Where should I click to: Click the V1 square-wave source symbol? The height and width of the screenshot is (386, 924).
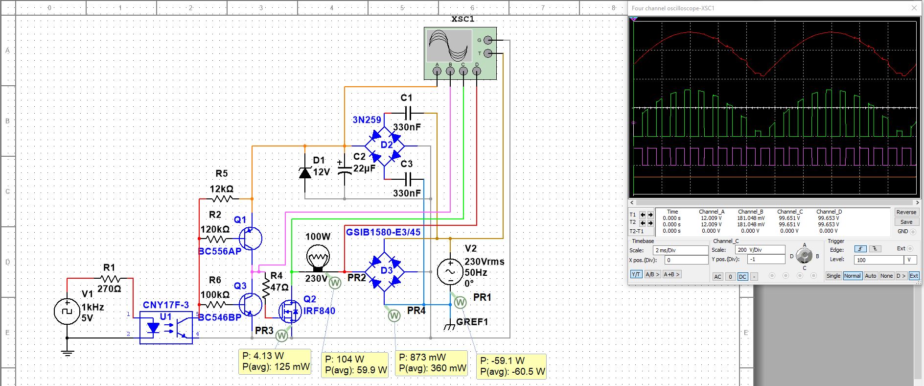point(67,312)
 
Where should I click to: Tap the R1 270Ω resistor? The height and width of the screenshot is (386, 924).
point(109,278)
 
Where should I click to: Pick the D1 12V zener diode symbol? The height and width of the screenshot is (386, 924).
point(305,172)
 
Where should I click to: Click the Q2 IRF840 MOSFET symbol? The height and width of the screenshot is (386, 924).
point(290,311)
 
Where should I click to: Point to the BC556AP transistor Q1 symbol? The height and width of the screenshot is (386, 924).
point(251,239)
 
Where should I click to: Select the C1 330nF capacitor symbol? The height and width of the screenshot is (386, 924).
point(409,113)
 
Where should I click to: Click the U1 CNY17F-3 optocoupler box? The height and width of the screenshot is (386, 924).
point(166,327)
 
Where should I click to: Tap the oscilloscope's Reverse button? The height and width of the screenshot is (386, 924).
point(906,212)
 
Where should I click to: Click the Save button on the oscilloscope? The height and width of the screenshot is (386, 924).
point(906,222)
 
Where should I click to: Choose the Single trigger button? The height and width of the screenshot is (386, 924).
point(833,276)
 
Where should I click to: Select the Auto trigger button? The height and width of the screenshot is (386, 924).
point(870,276)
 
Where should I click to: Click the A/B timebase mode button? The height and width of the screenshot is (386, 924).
point(652,274)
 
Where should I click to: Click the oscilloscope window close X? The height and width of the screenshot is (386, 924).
point(914,8)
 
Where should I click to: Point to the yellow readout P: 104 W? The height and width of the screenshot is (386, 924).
point(345,359)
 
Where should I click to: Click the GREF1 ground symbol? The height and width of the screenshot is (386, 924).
point(450,325)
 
